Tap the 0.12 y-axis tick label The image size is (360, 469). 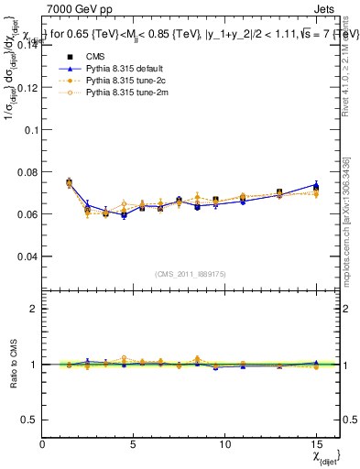pos(27,88)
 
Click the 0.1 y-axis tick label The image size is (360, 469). pos(30,130)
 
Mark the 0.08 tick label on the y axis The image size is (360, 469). pos(27,172)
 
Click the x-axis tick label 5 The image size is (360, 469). pos(134,444)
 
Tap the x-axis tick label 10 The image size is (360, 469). pos(224,444)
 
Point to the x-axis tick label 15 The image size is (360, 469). pos(315,444)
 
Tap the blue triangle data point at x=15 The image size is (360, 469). pos(315,184)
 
